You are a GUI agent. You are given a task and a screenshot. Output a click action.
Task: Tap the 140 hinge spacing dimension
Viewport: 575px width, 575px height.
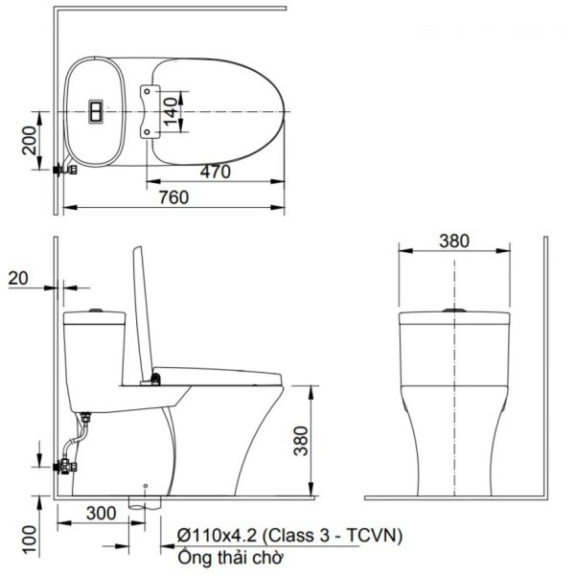pos(169,111)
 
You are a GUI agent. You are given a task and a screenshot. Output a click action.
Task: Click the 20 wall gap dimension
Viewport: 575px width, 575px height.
pos(17,278)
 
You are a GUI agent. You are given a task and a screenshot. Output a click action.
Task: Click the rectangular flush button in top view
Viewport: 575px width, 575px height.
pos(97,112)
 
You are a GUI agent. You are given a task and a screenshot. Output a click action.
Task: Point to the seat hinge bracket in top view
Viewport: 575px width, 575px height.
pos(148,112)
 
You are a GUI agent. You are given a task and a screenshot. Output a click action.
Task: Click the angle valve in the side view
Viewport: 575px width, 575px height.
pos(64,469)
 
